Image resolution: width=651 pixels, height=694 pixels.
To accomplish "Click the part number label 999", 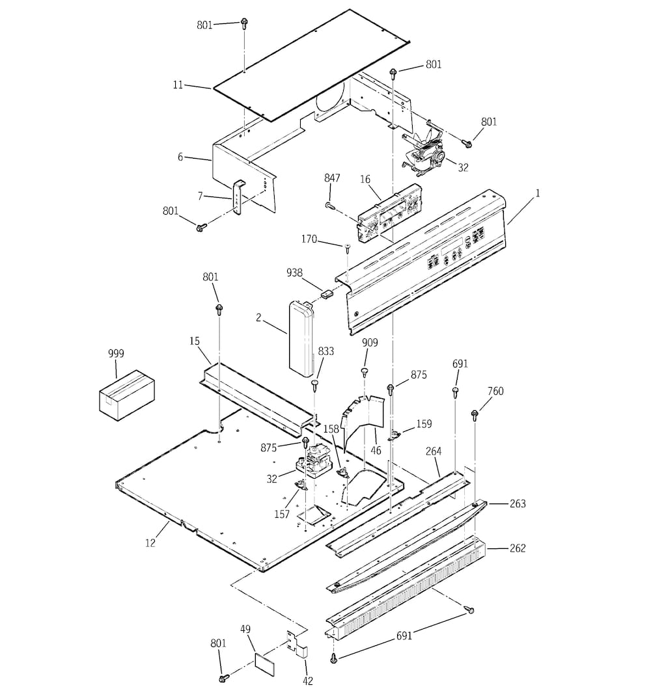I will (x=116, y=354).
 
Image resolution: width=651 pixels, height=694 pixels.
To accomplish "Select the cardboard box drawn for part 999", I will (x=127, y=394).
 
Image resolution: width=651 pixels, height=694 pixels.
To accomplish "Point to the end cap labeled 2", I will (x=301, y=338).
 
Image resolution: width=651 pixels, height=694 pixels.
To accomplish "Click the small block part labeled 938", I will (x=325, y=291).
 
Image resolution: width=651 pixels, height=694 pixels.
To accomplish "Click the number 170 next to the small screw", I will (x=309, y=239).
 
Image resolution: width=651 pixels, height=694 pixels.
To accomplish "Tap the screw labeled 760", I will (x=475, y=414).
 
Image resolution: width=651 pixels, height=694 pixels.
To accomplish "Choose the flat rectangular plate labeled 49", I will (x=264, y=662).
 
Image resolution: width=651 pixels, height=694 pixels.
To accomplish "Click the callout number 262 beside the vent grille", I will (x=518, y=548).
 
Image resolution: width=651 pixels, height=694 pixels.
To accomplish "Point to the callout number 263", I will (x=518, y=503).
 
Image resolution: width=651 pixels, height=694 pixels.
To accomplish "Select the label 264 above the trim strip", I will (x=434, y=451).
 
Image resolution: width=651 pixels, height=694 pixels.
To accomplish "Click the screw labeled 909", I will (x=365, y=372).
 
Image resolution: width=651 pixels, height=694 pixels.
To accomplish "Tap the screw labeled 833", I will (x=315, y=384).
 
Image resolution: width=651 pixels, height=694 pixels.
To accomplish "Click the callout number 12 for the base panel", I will (x=150, y=542).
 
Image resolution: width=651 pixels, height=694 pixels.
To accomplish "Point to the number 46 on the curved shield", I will (x=376, y=449).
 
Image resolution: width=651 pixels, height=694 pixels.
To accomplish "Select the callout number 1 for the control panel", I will (x=538, y=193).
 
